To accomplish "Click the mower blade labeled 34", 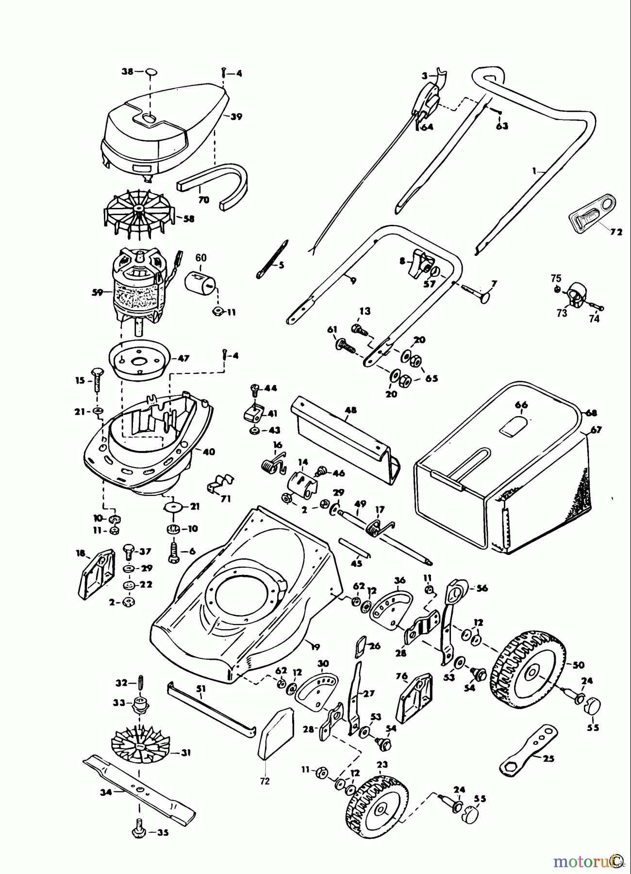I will [x=141, y=790].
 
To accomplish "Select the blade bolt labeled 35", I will [x=139, y=831].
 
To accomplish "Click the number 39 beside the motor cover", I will [x=236, y=117].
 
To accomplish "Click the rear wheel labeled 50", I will [x=529, y=672].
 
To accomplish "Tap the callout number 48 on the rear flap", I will [x=350, y=410].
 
